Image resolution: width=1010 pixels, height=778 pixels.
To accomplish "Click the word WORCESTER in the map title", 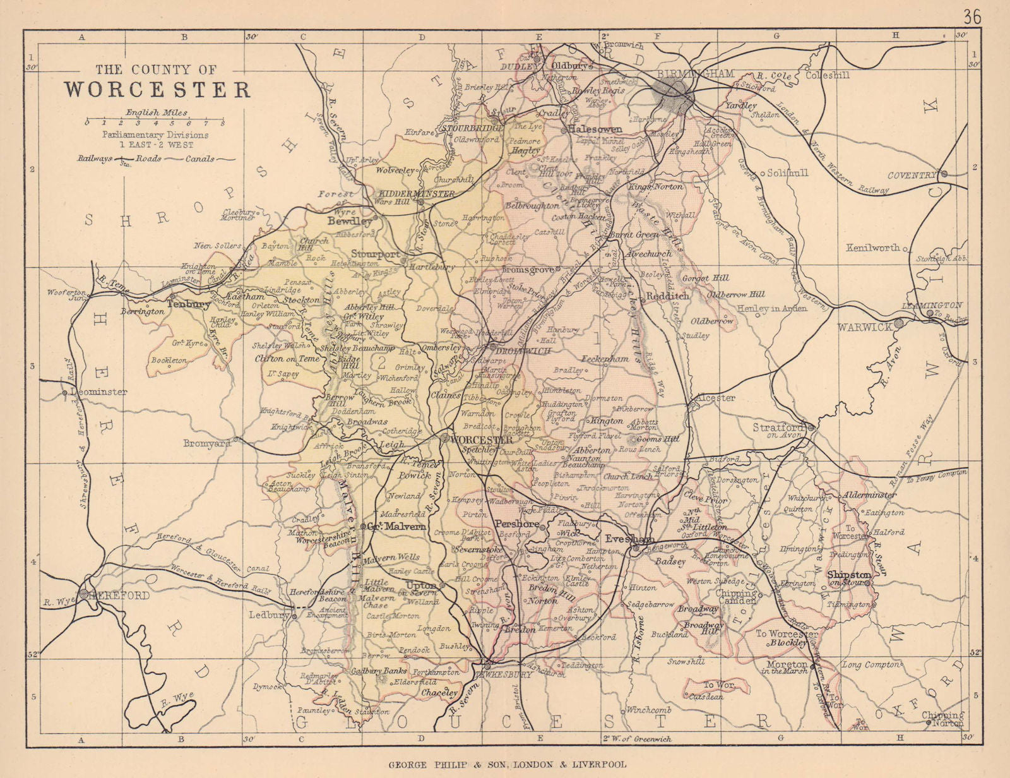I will (x=157, y=90).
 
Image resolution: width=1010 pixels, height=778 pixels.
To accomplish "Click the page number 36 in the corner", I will (x=972, y=17).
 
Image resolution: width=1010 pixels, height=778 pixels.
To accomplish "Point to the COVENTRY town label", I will (x=913, y=176).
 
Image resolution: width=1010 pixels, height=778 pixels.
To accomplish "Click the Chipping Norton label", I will (x=944, y=719).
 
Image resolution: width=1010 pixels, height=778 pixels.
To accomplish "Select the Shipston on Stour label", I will (x=850, y=578).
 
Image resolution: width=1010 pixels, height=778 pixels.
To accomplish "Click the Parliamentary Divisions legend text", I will (x=155, y=135).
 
